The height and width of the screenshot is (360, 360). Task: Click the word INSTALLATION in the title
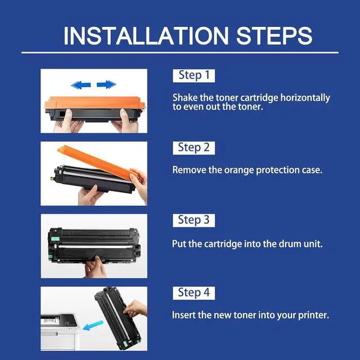(146, 35)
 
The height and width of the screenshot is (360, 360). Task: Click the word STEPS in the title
(274, 35)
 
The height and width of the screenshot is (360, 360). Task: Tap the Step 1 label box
(193, 75)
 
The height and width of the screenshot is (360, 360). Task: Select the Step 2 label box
(193, 148)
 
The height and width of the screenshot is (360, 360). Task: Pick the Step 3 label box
(193, 220)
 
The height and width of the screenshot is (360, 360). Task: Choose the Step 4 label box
(193, 293)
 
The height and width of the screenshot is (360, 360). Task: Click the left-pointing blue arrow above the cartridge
(81, 85)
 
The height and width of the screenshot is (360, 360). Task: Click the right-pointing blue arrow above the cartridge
(106, 84)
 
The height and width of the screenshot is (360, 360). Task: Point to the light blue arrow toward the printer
(93, 326)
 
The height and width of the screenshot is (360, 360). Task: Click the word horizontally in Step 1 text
(305, 98)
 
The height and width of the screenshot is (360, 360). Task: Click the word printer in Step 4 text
(313, 316)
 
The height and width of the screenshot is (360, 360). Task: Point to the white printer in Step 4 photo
(60, 332)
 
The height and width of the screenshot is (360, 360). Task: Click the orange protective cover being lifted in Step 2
(99, 162)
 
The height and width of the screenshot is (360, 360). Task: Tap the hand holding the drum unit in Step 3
(95, 267)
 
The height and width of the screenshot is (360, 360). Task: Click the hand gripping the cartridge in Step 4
(136, 309)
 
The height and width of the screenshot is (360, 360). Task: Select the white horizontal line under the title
(180, 52)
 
